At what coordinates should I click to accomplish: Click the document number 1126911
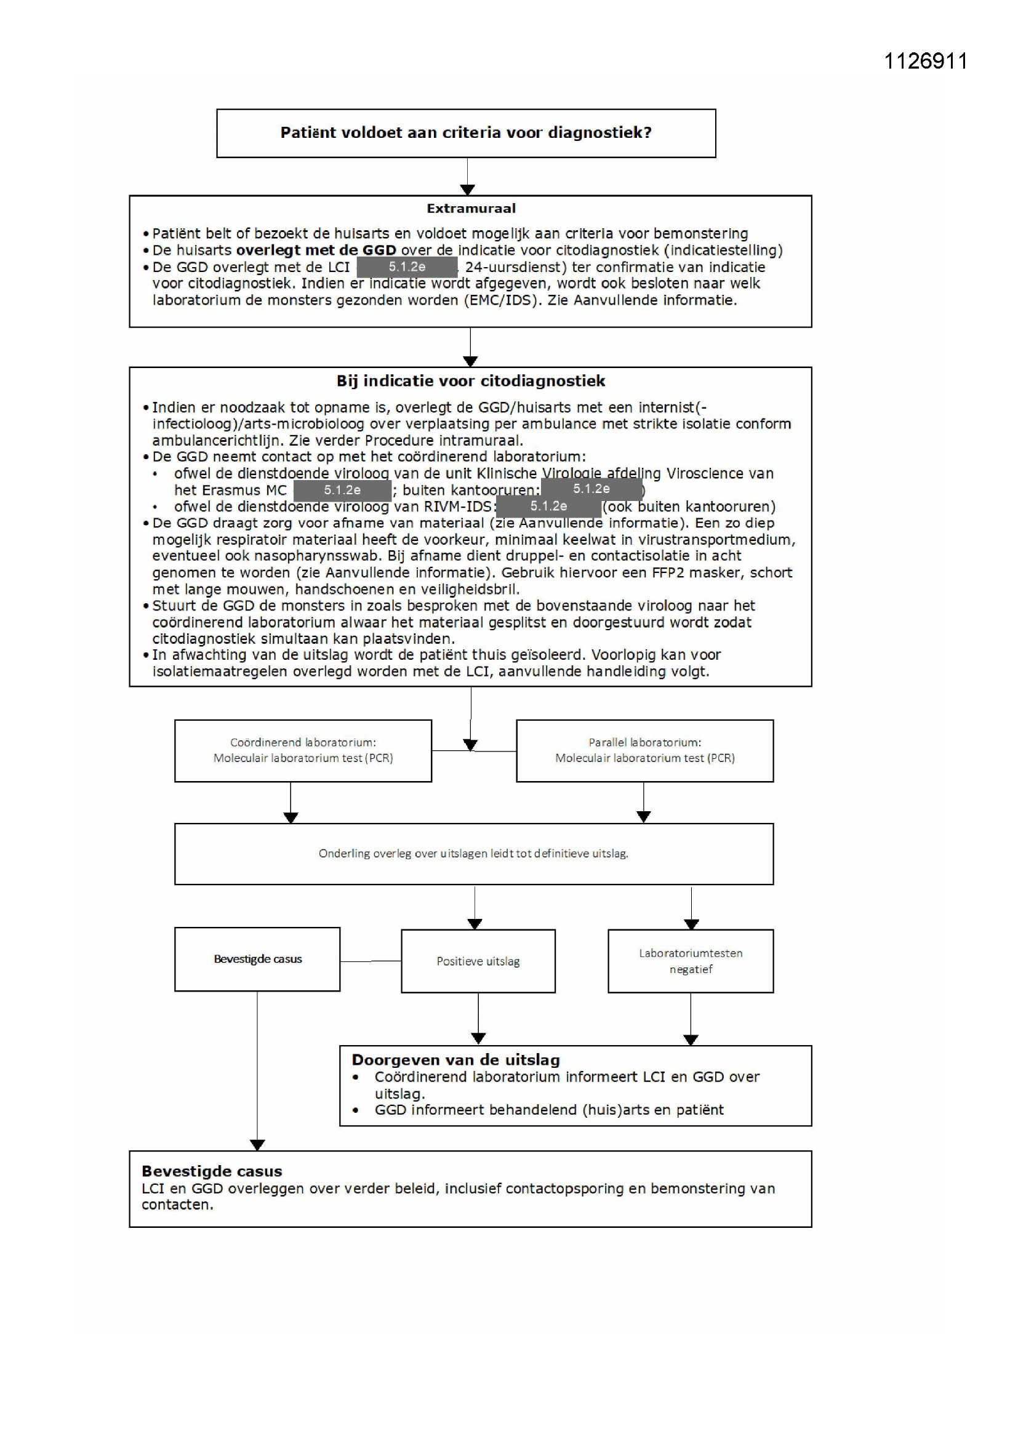(x=925, y=61)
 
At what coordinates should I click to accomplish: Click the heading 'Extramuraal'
(x=471, y=209)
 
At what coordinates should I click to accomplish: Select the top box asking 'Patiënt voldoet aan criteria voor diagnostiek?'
(x=466, y=133)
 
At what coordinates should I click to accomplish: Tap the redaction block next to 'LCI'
(x=407, y=267)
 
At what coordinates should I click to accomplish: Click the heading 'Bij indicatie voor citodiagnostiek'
(x=471, y=381)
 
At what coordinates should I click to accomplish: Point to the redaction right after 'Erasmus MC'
(x=342, y=490)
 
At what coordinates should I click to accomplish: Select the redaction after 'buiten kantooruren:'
(x=591, y=488)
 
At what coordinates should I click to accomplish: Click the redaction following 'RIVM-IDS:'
(x=548, y=506)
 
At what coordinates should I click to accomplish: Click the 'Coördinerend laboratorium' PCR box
(x=303, y=750)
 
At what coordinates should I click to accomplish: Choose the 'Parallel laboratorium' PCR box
(x=644, y=750)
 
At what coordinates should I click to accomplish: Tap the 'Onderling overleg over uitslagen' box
(x=473, y=854)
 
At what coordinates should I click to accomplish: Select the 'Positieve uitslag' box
(x=478, y=961)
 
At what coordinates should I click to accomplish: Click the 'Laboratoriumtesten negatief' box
(x=690, y=961)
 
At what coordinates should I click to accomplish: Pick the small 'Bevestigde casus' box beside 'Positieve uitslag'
(x=257, y=959)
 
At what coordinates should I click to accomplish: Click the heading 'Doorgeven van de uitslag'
(x=455, y=1060)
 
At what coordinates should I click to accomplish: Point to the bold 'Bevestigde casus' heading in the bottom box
(x=212, y=1171)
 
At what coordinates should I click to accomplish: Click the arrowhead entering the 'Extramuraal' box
(x=467, y=190)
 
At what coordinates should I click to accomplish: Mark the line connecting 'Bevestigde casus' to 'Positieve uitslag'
(x=371, y=961)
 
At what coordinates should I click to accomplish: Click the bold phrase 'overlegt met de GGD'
(x=316, y=251)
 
